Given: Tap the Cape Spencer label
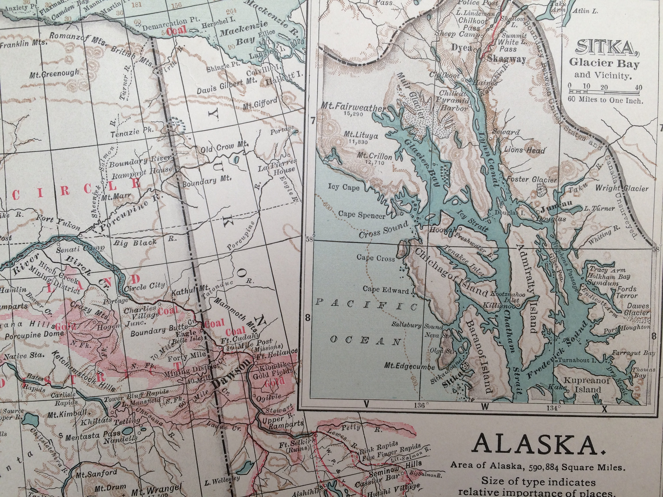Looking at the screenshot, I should click(x=362, y=214).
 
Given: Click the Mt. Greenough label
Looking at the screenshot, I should click(x=54, y=74).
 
